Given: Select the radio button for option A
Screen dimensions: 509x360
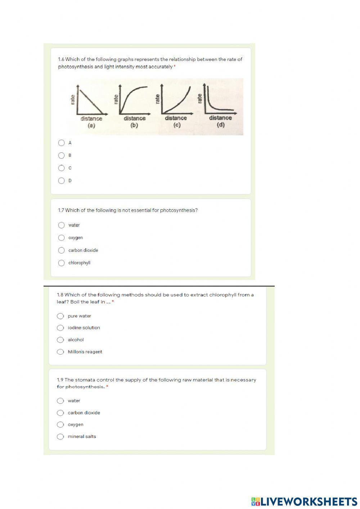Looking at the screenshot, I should tap(62, 143).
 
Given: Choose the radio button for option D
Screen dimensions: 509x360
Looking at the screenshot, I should tap(62, 180).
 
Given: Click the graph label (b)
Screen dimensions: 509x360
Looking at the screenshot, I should tap(134, 126).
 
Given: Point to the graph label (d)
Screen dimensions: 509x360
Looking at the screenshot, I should tap(220, 125).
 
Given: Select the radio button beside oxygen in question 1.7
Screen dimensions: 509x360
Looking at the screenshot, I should tap(62, 238).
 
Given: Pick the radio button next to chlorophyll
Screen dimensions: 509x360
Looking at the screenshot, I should tap(62, 263).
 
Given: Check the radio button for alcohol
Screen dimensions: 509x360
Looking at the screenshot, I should tap(60, 340).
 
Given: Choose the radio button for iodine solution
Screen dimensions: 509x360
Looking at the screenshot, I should tap(60, 328).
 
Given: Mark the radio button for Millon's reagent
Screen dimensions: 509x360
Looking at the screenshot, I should tap(60, 352).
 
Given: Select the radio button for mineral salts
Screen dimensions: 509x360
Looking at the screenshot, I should tap(60, 437).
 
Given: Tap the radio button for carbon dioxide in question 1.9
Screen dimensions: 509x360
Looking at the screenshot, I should tap(60, 413).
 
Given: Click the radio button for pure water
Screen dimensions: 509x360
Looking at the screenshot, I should tap(60, 316).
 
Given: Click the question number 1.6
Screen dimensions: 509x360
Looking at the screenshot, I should tap(61, 59).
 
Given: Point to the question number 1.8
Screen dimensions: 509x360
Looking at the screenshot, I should tap(60, 295).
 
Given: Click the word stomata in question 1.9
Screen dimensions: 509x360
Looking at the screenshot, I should tap(84, 380).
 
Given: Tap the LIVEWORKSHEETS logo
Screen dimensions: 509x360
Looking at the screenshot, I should tap(304, 501).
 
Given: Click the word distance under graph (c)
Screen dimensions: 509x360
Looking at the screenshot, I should tap(176, 118).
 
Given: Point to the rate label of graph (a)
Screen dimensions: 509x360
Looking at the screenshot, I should tap(73, 100).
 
